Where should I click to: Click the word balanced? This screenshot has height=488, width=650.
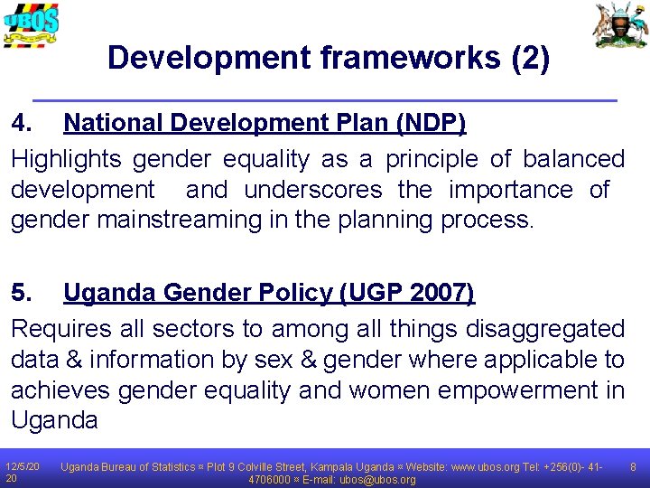(572, 159)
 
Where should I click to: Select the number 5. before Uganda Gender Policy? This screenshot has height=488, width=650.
(23, 293)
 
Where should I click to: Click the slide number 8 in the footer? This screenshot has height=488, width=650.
(634, 467)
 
